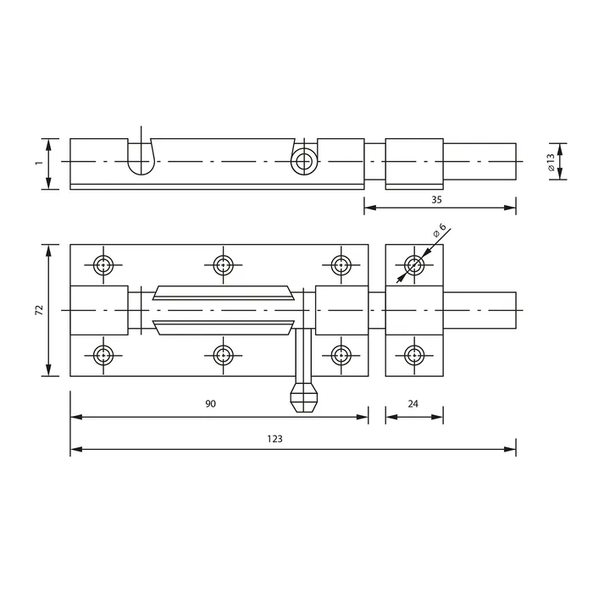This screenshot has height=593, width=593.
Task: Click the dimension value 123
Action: point(275,439)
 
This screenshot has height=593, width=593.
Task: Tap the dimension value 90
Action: point(211,404)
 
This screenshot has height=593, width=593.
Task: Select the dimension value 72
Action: point(39,310)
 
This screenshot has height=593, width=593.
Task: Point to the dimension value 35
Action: point(436,200)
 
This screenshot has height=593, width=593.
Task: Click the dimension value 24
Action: point(413,404)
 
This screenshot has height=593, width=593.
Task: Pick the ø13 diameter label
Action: point(551,162)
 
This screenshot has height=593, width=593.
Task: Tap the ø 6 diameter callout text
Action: point(440,230)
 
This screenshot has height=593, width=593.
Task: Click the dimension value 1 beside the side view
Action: point(39,163)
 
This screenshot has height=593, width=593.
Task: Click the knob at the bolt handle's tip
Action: point(303,397)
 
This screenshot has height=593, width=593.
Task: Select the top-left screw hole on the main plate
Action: point(103,264)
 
